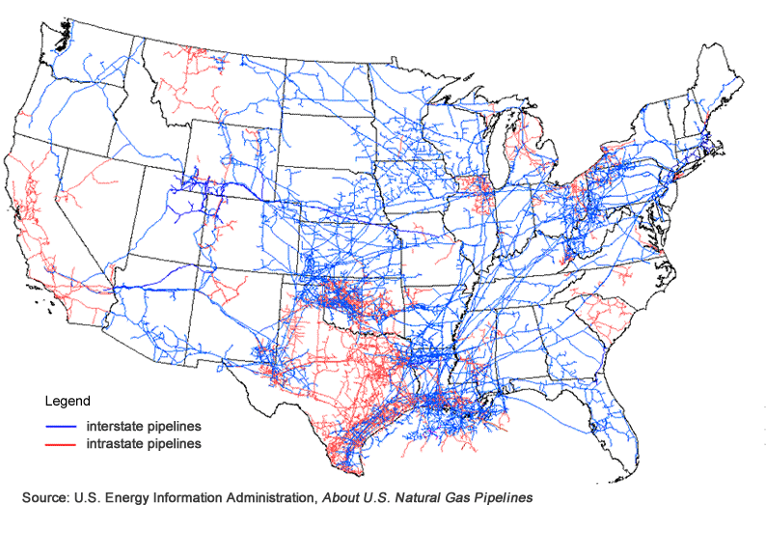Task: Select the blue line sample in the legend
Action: pos(62,426)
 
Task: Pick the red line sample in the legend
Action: pos(62,444)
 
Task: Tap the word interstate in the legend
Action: pos(111,426)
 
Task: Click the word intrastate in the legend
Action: pos(111,444)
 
